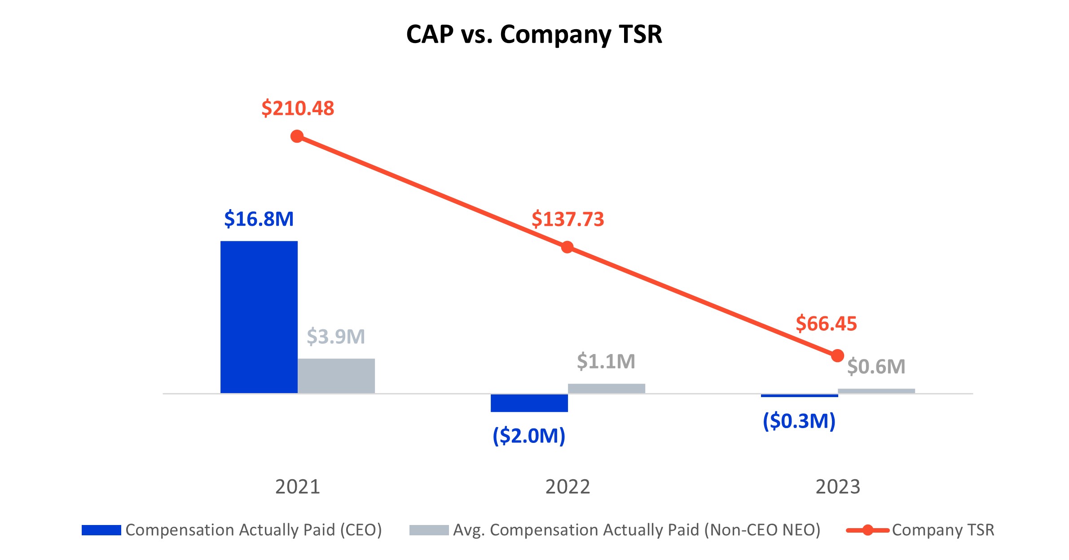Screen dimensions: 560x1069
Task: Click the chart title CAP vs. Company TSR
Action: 534,34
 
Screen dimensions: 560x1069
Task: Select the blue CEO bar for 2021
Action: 259,317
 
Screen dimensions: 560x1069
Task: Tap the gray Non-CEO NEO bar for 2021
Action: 336,376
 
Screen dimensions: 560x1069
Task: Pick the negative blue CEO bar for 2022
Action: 529,402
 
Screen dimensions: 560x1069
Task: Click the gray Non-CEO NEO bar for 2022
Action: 606,388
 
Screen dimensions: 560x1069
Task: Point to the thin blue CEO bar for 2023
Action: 799,395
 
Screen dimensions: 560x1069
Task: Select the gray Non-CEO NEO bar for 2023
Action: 876,391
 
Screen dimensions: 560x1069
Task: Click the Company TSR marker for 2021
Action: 297,136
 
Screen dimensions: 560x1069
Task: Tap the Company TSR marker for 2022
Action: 567,247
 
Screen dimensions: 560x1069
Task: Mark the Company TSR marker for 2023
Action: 837,356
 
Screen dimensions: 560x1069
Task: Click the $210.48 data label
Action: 298,109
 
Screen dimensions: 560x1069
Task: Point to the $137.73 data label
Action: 567,219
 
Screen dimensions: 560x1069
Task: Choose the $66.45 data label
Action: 826,324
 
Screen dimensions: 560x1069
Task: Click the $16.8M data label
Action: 259,219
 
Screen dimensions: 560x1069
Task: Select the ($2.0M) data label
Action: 529,436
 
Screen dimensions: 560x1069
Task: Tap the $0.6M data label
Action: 876,367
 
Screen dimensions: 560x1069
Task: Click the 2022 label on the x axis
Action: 567,487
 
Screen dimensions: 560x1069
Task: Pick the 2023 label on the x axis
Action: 837,487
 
